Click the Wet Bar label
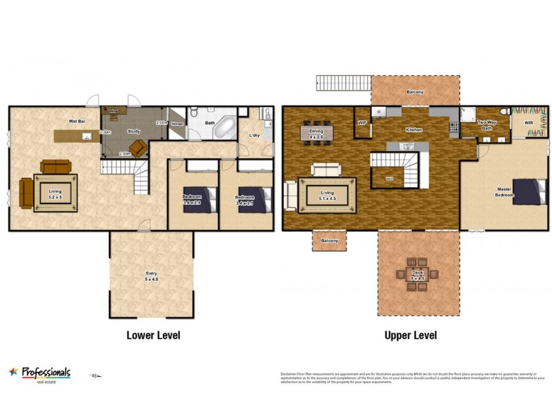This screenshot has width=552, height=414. (77, 121)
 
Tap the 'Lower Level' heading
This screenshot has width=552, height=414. (152, 335)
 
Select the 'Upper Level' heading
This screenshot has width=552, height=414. (411, 335)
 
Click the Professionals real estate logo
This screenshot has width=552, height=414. (39, 373)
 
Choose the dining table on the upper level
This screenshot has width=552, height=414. (317, 132)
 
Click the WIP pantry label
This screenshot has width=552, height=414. (362, 124)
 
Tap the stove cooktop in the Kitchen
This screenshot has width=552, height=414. (454, 126)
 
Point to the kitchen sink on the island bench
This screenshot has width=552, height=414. (408, 146)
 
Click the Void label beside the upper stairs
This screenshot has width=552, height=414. (388, 178)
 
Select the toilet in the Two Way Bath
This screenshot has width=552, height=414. (505, 112)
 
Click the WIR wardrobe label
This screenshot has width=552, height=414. (529, 124)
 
